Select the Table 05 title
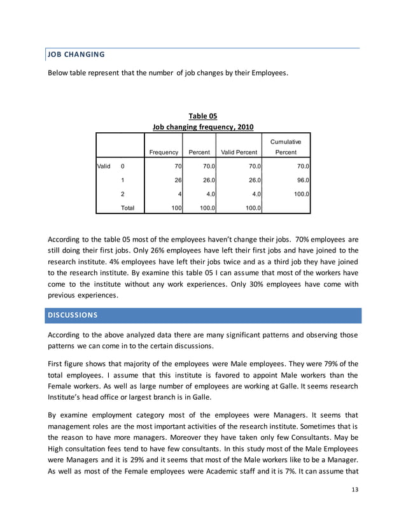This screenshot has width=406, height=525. pos(203,116)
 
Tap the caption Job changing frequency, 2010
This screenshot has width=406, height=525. pos(203,127)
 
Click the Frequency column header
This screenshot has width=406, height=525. pos(164,153)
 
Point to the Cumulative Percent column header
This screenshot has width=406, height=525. pos(286,147)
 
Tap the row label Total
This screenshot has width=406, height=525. pos(127,207)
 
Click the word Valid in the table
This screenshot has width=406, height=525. pos(104,166)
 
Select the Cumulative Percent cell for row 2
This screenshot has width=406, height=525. pos(299,194)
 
